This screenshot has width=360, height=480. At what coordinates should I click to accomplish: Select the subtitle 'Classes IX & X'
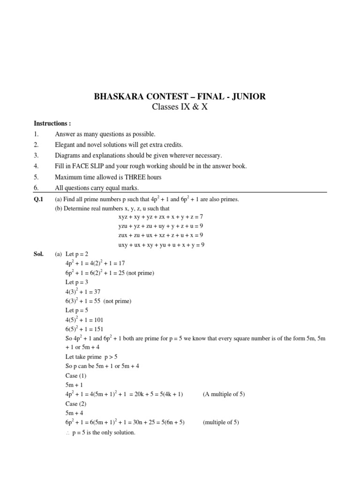180,107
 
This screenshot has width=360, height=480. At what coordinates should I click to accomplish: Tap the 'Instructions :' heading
52,124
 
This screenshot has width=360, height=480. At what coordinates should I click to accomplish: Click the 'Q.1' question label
38,199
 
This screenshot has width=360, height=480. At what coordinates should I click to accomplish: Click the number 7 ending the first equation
201,217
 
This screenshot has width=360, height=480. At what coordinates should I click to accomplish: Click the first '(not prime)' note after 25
138,273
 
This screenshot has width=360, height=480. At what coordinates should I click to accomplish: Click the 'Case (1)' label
76,376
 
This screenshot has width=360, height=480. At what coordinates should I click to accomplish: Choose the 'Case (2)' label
76,404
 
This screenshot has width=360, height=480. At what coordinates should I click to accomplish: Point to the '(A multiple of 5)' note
224,394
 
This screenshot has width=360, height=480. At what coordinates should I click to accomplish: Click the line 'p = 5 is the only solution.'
104,432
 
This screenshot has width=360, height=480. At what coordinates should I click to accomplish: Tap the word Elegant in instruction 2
65,145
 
